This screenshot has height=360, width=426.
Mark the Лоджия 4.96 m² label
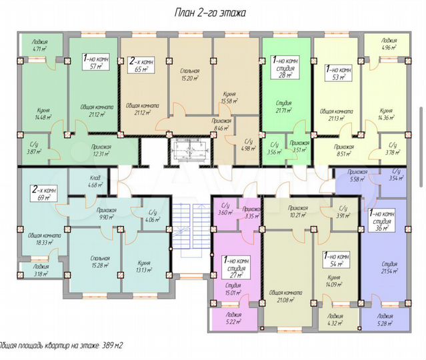pyautogui.click(x=385, y=44)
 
